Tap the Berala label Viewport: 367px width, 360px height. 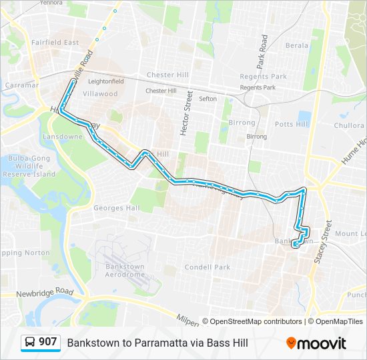coord(297,45)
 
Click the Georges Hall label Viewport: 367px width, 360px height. coord(116,208)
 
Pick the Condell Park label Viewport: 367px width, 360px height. coord(207,267)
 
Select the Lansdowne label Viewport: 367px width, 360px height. coord(63,136)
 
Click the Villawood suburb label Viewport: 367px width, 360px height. coord(99,93)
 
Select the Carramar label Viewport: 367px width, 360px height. coord(19,85)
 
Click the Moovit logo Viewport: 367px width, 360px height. coord(316,343)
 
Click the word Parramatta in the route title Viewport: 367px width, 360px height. coord(163,343)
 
